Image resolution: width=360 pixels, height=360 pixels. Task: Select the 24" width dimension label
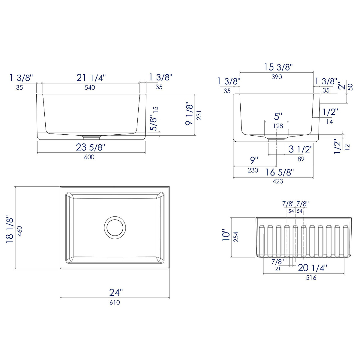pyautogui.click(x=116, y=292)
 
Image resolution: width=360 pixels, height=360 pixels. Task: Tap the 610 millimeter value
pyautogui.click(x=115, y=302)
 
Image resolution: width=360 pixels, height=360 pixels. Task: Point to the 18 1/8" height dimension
pyautogui.click(x=10, y=229)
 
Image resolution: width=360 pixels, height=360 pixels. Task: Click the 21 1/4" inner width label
pyautogui.click(x=91, y=78)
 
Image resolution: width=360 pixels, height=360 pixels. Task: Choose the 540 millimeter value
pyautogui.click(x=90, y=87)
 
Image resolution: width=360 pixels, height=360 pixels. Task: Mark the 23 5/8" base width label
pyautogui.click(x=91, y=147)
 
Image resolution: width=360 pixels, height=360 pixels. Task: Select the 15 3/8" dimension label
pyautogui.click(x=278, y=67)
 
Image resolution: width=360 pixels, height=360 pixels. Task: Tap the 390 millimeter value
pyautogui.click(x=277, y=77)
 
